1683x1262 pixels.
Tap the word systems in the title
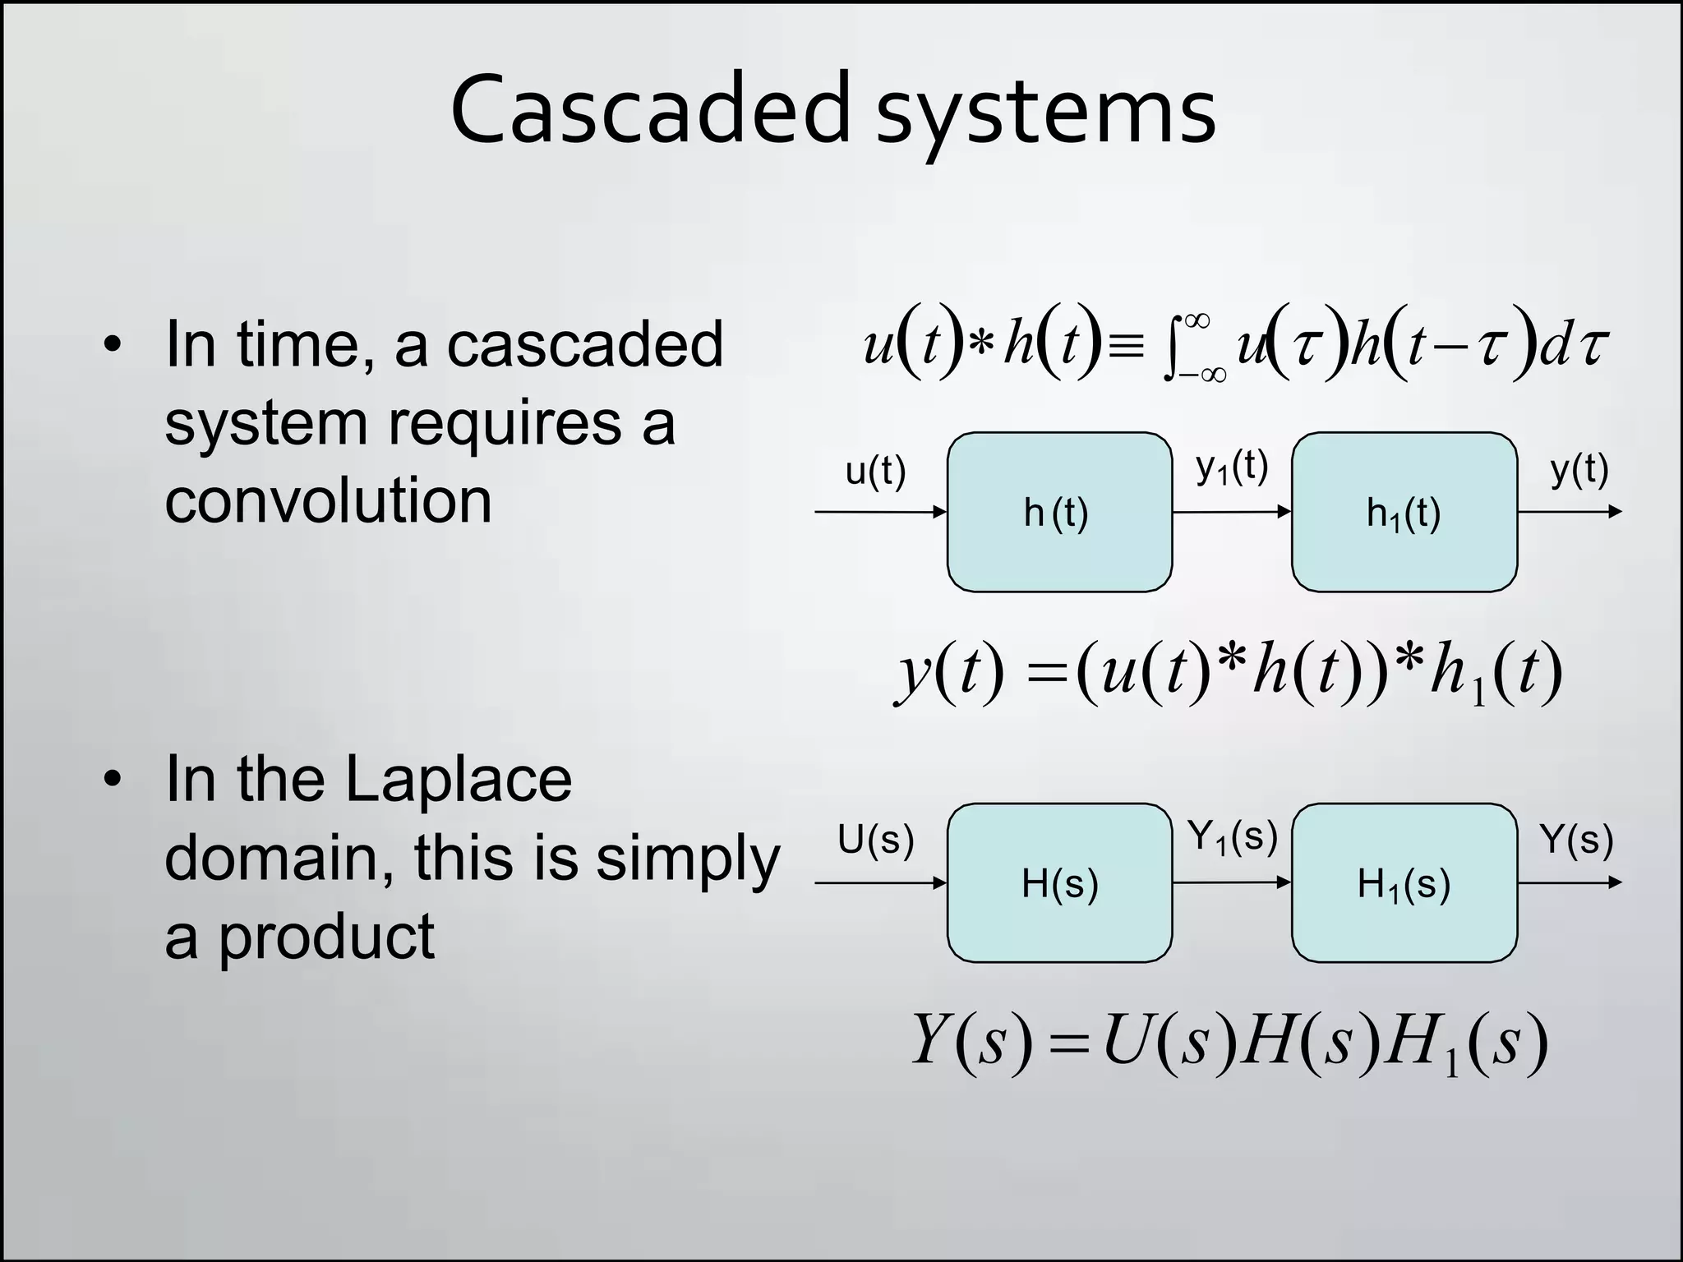pos(1045,115)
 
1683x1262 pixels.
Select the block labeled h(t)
pos(1059,512)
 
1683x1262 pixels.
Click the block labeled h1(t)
pos(1404,512)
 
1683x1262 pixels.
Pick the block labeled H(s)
pos(1059,883)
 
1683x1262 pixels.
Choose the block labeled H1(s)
pos(1404,883)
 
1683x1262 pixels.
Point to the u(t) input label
pos(875,472)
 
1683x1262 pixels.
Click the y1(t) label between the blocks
pos(1231,468)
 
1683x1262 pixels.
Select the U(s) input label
pos(875,841)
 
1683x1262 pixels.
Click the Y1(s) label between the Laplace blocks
pos(1232,838)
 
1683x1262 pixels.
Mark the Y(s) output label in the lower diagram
pos(1577,841)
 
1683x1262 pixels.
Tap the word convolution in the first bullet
pos(328,500)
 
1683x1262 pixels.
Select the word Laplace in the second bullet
pos(458,778)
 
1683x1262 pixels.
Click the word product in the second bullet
pos(325,937)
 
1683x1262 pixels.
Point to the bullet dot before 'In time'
pos(113,344)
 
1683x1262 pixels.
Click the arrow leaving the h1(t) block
pos(1569,512)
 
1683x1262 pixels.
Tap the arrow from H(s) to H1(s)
pos(1231,882)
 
